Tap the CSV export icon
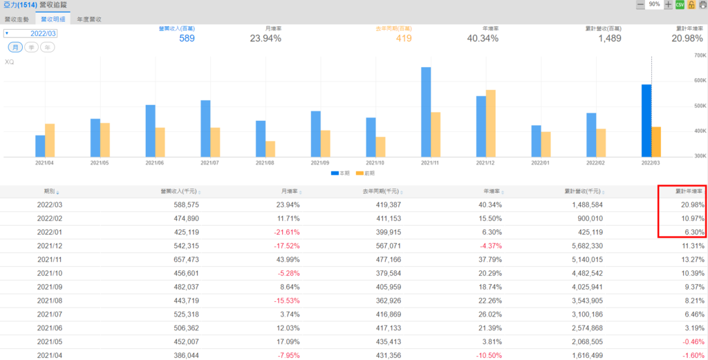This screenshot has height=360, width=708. [x=680, y=5]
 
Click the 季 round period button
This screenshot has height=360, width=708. [x=32, y=47]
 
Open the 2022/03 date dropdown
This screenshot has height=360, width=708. [x=30, y=32]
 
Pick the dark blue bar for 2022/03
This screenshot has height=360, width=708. [x=646, y=120]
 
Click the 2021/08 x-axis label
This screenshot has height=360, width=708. [x=266, y=164]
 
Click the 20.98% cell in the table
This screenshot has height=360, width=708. [x=692, y=205]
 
